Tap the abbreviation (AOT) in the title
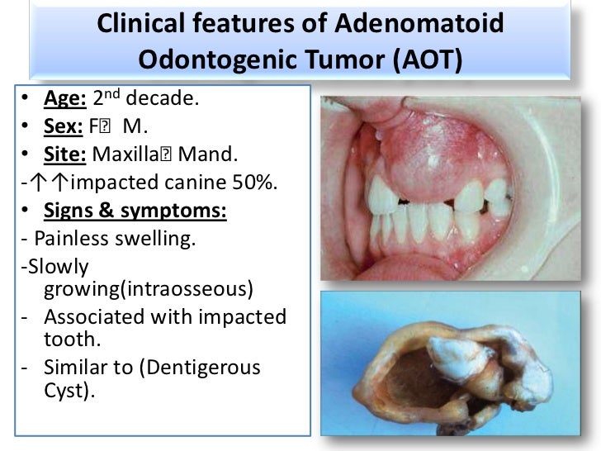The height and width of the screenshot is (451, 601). [419, 59]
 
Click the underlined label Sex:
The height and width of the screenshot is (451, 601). [59, 128]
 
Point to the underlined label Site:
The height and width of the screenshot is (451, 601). [64, 154]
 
